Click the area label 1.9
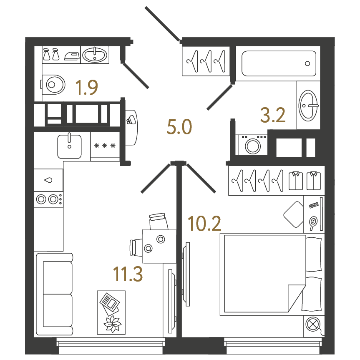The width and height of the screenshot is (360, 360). point(87,87)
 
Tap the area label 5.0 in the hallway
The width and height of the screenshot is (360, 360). point(179,127)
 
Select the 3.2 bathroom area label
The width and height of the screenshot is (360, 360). point(273,115)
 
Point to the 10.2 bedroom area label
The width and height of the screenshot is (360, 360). point(204,224)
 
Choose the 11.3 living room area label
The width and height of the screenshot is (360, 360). point(128,274)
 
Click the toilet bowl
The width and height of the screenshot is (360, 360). point(53,85)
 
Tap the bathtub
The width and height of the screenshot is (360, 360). point(279,63)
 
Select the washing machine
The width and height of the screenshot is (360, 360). point(253,145)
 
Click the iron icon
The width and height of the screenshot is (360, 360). point(72,56)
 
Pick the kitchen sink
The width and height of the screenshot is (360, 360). point(69,146)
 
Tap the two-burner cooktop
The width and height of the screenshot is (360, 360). point(49,199)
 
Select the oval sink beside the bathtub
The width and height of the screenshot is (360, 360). point(308,106)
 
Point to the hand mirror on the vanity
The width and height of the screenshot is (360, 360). point(313,223)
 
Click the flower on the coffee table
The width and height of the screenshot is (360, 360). point(112,324)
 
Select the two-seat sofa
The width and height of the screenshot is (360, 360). point(55,294)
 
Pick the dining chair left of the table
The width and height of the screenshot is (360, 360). point(136,247)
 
